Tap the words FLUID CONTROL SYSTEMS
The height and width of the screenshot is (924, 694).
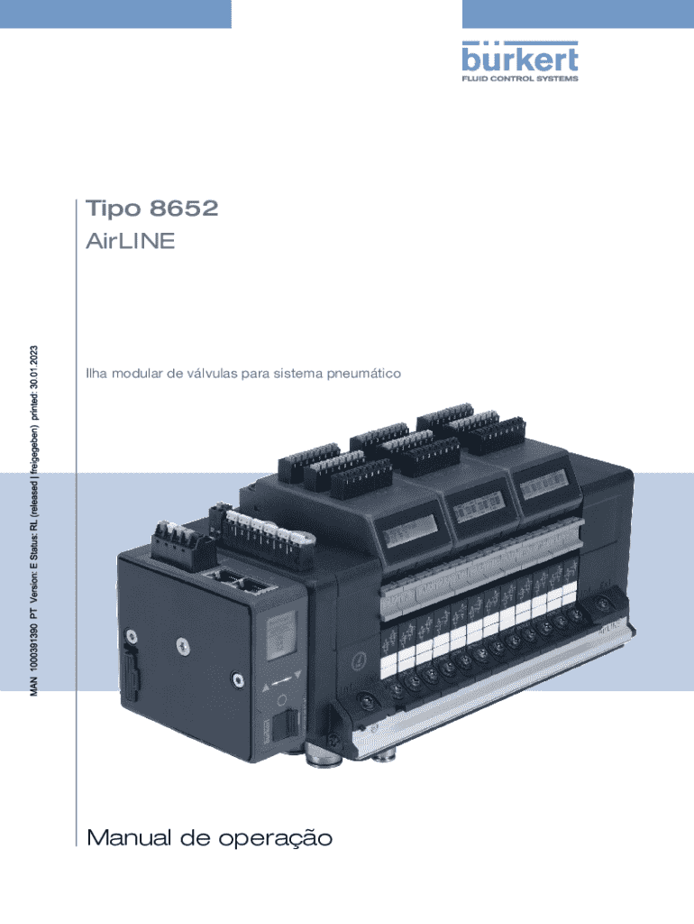point(520,79)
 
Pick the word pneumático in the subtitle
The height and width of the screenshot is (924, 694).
point(361,373)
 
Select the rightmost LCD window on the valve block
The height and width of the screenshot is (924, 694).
point(543,487)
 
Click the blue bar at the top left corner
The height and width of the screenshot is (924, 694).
point(115,14)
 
